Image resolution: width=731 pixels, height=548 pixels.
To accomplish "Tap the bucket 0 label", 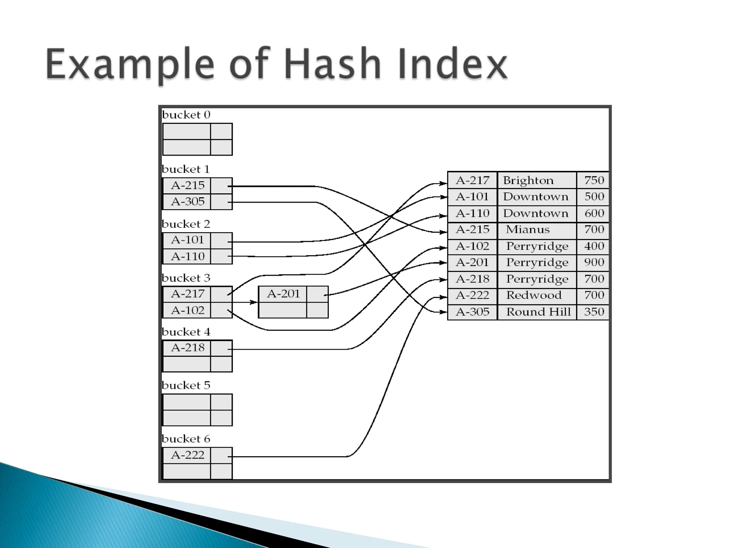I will [186, 115].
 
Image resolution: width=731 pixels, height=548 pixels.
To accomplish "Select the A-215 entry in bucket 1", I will [187, 186].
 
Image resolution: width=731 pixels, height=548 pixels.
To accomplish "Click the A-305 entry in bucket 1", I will [187, 202].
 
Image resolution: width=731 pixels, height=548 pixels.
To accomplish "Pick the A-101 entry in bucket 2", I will [187, 240].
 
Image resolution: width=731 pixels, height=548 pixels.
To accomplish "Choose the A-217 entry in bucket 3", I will [187, 294].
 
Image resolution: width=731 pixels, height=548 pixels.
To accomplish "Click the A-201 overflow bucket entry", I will [283, 294].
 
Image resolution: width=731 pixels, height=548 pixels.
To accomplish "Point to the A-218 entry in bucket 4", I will [187, 348].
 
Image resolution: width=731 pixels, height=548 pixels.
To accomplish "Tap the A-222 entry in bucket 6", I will [187, 455].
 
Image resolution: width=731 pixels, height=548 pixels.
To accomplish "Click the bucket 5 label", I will [186, 386].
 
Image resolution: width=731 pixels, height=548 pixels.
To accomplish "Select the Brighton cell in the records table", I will [528, 181].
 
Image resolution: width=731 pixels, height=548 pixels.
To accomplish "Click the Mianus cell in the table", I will [528, 229].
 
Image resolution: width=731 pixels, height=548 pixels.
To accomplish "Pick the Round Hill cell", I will [538, 312].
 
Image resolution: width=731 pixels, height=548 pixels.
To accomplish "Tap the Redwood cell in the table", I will [534, 295].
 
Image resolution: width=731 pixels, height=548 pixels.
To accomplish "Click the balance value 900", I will [594, 263].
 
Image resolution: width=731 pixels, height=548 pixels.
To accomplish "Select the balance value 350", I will [594, 312].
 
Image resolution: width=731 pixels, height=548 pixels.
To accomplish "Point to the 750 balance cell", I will [594, 181].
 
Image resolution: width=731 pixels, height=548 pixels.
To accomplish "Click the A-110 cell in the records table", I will [472, 213].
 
